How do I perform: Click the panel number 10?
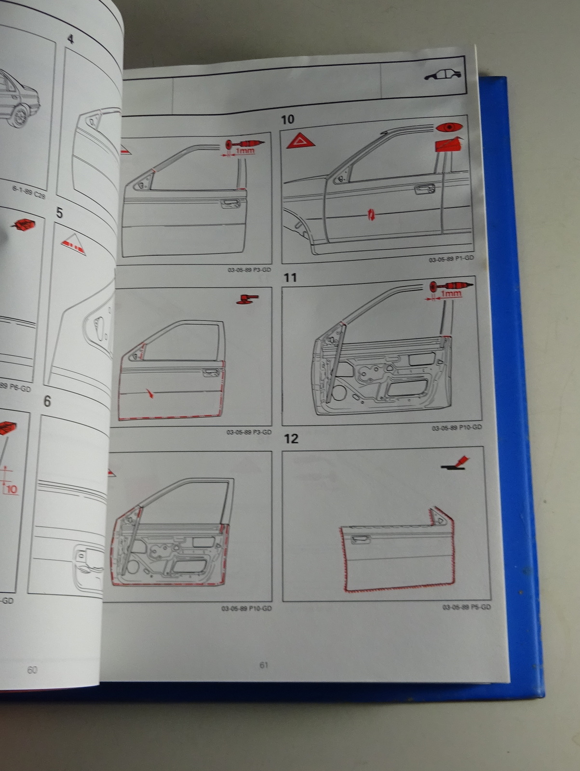287,119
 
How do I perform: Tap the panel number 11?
290,278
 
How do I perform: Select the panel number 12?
291,439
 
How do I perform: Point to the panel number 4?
70,39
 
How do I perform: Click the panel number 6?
47,401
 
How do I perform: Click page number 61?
264,665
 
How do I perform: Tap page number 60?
32,670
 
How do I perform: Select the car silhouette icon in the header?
442,75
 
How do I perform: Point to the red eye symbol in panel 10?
448,128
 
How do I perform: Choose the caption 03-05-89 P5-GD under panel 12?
466,607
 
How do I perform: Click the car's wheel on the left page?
19,116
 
